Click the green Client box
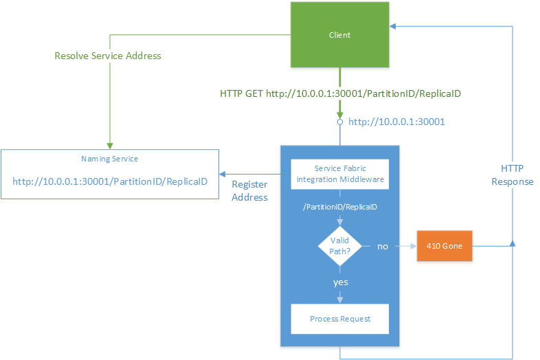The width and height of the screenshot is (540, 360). (339, 35)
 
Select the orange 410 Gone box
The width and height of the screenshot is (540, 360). (445, 245)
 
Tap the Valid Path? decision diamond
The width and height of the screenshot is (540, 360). (339, 245)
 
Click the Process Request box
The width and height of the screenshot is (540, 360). (339, 319)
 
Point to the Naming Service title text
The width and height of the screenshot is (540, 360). (110, 159)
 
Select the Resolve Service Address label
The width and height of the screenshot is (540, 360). (108, 55)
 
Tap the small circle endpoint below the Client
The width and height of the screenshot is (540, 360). (339, 122)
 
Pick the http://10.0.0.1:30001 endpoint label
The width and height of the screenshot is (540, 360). (396, 122)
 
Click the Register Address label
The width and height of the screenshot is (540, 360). (249, 190)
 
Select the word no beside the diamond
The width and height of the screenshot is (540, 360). (383, 245)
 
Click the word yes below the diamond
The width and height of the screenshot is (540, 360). (340, 282)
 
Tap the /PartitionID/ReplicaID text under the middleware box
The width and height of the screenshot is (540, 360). (339, 206)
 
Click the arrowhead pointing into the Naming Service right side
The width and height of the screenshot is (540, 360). (223, 174)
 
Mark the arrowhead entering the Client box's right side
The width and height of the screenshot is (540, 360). (393, 27)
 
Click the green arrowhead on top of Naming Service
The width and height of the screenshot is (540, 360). (109, 146)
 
